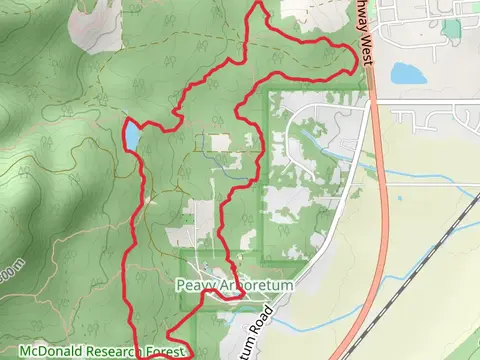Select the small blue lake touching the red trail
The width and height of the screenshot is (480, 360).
coord(131,136)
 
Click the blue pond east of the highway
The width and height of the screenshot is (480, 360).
coord(407,73)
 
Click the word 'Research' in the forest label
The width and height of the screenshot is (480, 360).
coord(110,352)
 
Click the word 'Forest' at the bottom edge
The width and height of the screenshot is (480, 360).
coord(166,352)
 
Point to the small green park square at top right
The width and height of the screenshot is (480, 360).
coord(452,28)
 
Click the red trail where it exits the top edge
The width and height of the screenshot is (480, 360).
coord(257,4)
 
